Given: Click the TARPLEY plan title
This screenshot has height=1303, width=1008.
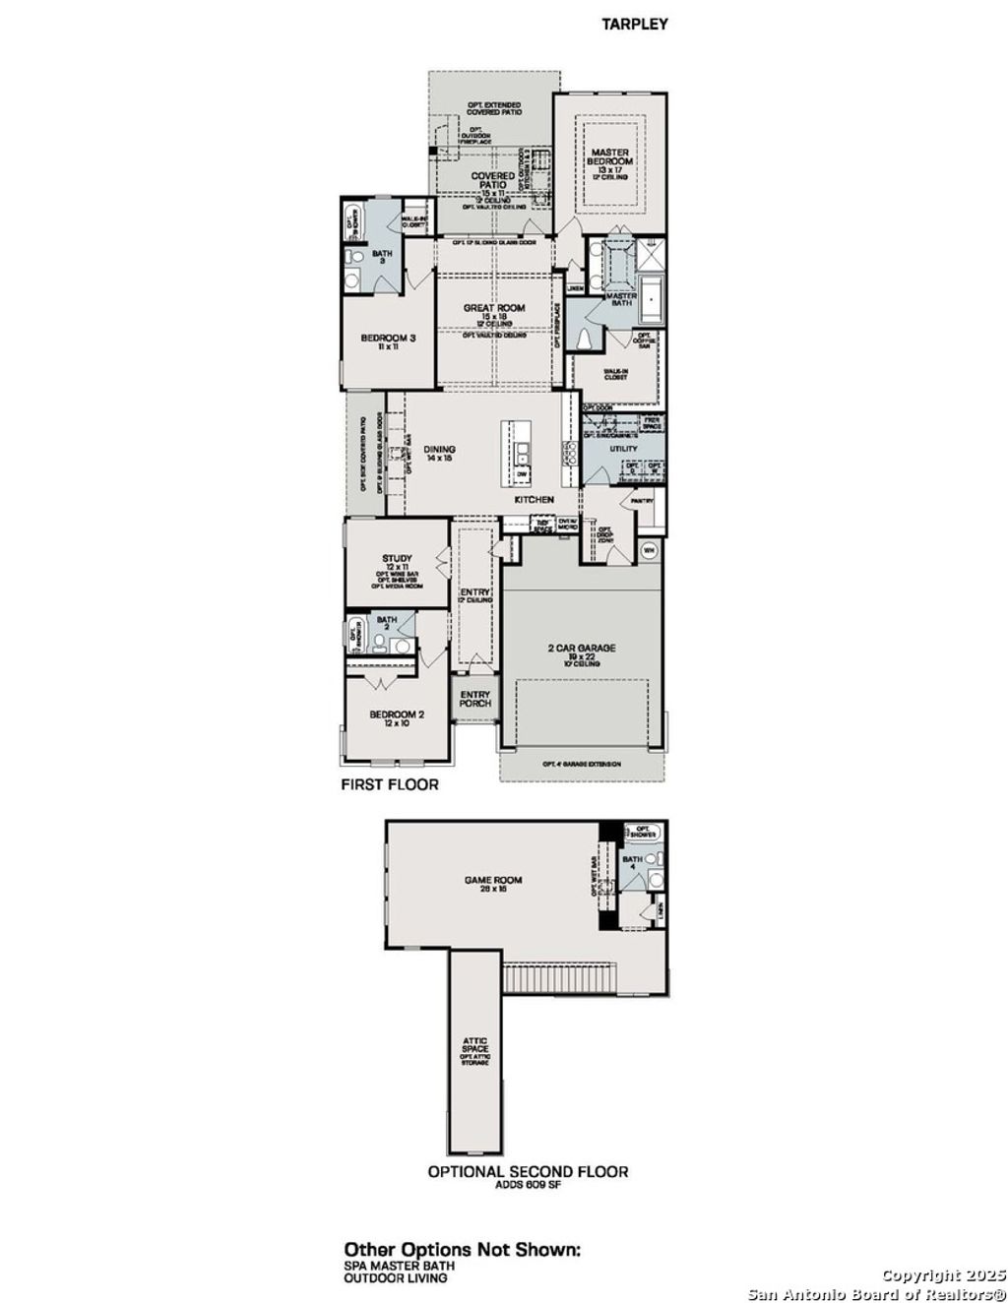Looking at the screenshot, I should click(x=635, y=24).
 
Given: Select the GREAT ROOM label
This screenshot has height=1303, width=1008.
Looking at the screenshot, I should click(x=494, y=308).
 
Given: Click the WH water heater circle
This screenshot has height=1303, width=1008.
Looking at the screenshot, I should click(x=649, y=550).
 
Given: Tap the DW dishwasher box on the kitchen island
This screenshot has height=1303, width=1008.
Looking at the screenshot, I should click(x=522, y=474).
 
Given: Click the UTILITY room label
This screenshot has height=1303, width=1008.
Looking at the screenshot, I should click(x=623, y=449).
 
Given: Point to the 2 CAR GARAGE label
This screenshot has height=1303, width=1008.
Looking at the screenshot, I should click(x=582, y=648).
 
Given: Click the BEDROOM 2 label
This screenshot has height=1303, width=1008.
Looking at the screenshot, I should click(x=397, y=715).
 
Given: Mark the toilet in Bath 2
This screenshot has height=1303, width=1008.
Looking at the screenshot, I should click(x=378, y=645).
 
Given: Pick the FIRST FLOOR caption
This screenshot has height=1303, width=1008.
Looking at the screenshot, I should click(x=390, y=785).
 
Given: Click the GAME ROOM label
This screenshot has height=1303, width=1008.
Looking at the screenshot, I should click(x=494, y=881).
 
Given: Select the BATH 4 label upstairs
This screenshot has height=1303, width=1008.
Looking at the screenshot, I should click(x=633, y=861).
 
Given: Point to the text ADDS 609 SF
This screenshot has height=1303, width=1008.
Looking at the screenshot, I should click(x=528, y=1186).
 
